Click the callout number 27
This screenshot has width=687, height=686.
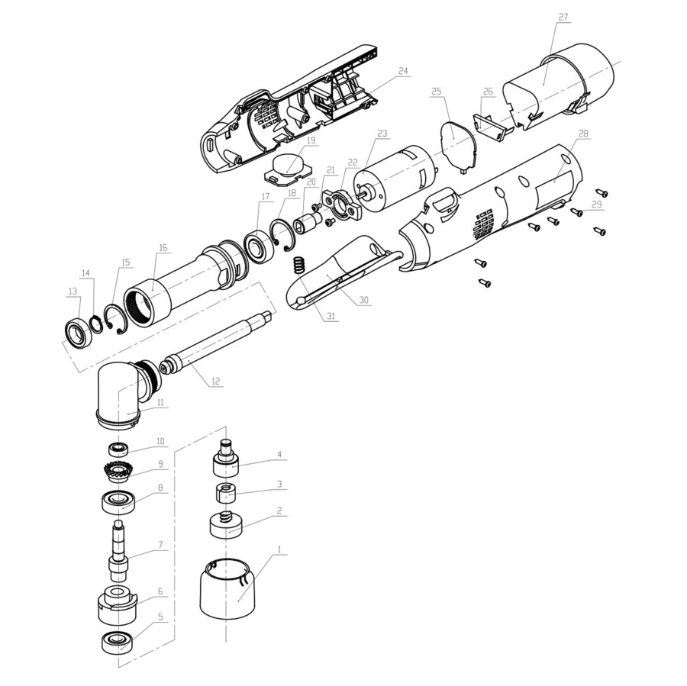click(x=563, y=17)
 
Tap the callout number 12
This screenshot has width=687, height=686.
click(x=215, y=382)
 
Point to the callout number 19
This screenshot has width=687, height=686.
click(x=311, y=140)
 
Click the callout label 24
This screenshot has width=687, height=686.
click(x=403, y=70)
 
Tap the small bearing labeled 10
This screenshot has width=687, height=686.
click(x=118, y=449)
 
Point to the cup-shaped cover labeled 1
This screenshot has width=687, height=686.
click(x=227, y=589)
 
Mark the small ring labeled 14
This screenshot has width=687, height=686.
click(x=96, y=325)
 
